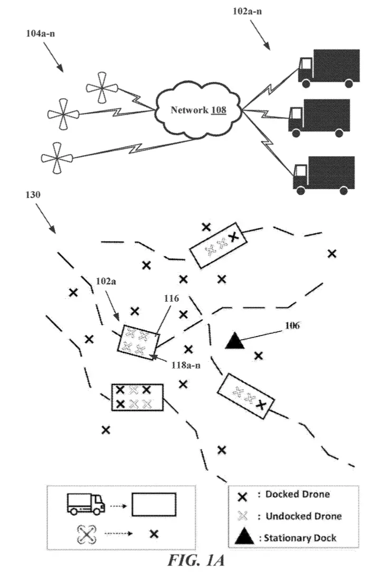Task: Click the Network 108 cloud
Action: [198, 110]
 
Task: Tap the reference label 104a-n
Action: [41, 34]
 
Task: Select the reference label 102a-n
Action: [247, 11]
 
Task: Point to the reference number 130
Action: [33, 195]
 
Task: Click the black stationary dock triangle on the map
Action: [235, 341]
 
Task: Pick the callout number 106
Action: [292, 325]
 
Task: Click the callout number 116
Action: [172, 299]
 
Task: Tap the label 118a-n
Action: [186, 365]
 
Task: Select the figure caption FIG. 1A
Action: [196, 561]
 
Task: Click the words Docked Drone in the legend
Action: [298, 494]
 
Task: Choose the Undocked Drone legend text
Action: [304, 516]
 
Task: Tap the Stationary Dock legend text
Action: [300, 538]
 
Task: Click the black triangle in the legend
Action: [244, 536]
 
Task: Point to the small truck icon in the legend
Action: [86, 504]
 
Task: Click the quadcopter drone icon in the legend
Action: [87, 535]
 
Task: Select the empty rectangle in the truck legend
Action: [154, 505]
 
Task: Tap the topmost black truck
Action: [329, 68]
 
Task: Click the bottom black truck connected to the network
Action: [324, 175]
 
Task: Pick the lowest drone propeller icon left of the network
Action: [56, 158]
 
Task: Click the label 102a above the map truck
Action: [106, 282]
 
